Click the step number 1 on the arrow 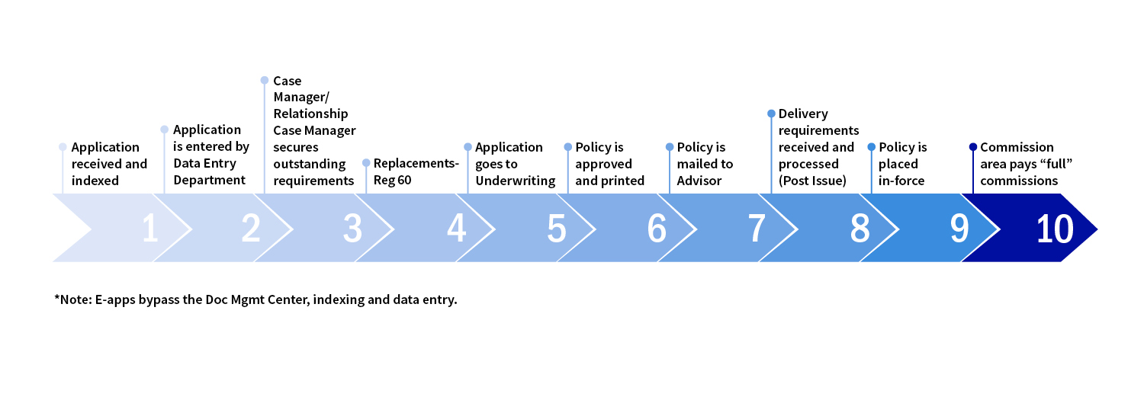[150, 229]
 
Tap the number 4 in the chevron [456, 229]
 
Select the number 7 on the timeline [757, 229]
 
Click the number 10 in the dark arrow [1055, 229]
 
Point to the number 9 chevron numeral [959, 229]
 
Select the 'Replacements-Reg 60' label [416, 172]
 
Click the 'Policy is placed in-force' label [903, 164]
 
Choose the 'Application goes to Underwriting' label [515, 164]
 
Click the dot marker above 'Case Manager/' [265, 80]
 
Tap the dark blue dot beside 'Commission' [972, 147]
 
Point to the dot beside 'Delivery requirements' [771, 114]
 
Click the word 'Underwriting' [515, 181]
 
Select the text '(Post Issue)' [812, 181]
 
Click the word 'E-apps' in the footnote [113, 299]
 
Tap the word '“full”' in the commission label [1039, 164]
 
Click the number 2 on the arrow [250, 229]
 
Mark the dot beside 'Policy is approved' [567, 147]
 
